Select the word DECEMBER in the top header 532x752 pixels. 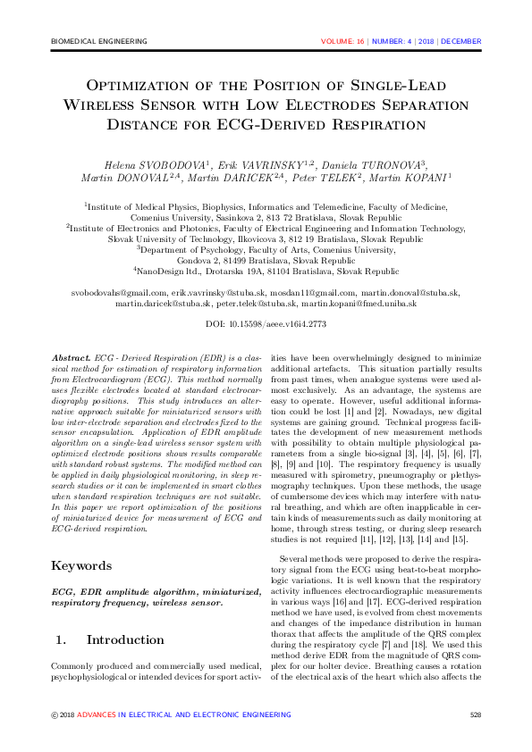tap(461, 42)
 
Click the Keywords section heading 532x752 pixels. tap(81, 540)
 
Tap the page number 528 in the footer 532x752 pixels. tap(475, 714)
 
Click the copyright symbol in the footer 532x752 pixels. tap(55, 714)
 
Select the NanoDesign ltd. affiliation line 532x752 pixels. tap(266, 272)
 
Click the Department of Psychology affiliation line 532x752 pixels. tap(266, 251)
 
